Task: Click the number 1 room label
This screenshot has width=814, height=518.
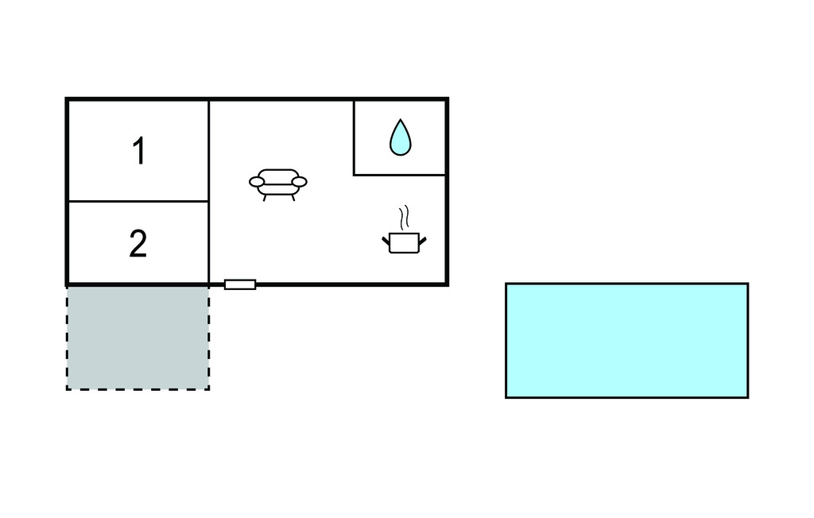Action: (x=138, y=151)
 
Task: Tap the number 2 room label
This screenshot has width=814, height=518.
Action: (x=138, y=243)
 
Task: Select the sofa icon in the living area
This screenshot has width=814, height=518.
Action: (x=277, y=184)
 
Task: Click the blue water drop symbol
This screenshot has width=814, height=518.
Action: (x=401, y=137)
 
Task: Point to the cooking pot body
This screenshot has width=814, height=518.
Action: (x=404, y=243)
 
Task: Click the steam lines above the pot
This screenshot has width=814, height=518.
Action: (x=404, y=218)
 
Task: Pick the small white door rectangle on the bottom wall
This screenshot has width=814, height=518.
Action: (x=240, y=284)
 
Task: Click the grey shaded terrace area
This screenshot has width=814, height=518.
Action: (x=138, y=338)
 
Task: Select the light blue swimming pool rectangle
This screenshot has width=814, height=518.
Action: (x=626, y=341)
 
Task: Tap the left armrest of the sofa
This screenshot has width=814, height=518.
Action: (x=257, y=182)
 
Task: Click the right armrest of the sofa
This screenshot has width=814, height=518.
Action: (x=300, y=182)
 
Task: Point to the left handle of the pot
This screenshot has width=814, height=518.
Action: (x=386, y=241)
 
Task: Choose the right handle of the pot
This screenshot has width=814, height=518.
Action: (x=423, y=241)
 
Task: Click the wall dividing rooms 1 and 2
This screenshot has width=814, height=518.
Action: (x=138, y=201)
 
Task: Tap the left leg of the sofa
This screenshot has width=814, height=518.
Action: (x=265, y=198)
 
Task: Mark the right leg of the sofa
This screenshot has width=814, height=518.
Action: (x=293, y=198)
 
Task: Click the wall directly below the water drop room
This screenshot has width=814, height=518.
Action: (x=400, y=175)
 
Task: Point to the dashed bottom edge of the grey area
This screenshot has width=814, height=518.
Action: (x=138, y=389)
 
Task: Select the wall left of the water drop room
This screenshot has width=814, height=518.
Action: (x=354, y=137)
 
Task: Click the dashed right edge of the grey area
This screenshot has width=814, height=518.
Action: (x=209, y=338)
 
